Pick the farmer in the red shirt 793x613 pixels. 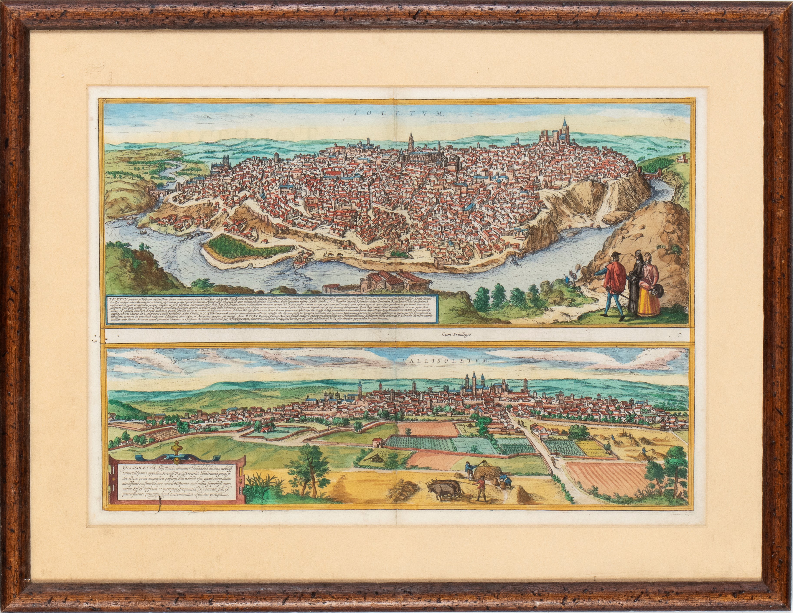click(481, 488)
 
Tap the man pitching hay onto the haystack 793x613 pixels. click(470, 471)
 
